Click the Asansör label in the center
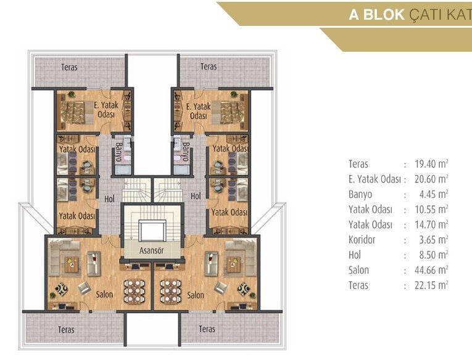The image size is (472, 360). pos(151,250)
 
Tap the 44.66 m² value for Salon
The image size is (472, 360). pos(431,270)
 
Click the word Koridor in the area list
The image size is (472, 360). pos(362,240)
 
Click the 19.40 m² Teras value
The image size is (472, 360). pos(431,164)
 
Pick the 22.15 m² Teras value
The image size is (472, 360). pos(431,285)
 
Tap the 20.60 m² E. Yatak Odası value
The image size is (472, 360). pos(431,179)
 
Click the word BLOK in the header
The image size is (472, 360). pos(384,14)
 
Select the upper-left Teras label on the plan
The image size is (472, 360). pos(69,67)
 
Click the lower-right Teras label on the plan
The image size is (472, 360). pos(207,329)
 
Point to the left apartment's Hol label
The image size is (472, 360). pos(110,198)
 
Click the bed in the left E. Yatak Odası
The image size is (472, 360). pos(73,112)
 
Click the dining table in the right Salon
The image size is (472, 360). pos(171,291)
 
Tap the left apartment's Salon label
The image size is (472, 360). pos(104,294)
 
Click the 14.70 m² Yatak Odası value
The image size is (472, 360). pos(431,224)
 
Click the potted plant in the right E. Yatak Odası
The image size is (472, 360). pos(233,94)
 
